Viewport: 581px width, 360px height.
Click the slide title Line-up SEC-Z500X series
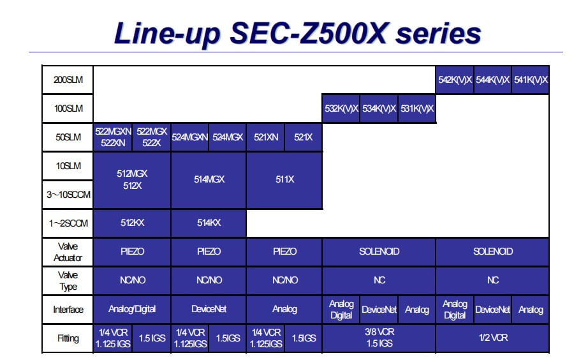click(x=297, y=33)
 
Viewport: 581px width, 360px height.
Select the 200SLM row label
click(x=68, y=80)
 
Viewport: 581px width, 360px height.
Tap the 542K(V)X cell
click(x=455, y=80)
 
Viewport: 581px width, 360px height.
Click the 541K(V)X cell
click(x=530, y=80)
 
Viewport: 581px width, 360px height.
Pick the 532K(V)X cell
click(x=341, y=109)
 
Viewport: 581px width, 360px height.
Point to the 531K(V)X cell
click(x=416, y=109)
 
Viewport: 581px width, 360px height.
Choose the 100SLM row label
click(x=68, y=109)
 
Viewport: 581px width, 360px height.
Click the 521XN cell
click(x=265, y=137)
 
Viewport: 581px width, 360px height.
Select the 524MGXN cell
click(x=190, y=137)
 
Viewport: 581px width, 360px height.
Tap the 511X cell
click(x=284, y=179)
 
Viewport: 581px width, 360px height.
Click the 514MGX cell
click(x=209, y=179)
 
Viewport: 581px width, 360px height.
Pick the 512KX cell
click(x=132, y=223)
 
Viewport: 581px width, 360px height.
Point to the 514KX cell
click(x=209, y=223)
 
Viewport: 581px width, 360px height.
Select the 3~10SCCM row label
click(x=68, y=194)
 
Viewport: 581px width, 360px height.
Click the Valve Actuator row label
click(x=68, y=251)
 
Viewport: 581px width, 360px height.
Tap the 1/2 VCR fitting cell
click(x=492, y=338)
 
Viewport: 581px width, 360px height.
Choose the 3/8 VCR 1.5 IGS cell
click(x=379, y=338)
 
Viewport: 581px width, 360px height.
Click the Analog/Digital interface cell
click(x=132, y=309)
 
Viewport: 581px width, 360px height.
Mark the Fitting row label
click(x=68, y=338)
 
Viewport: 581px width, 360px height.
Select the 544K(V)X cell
click(x=492, y=80)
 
